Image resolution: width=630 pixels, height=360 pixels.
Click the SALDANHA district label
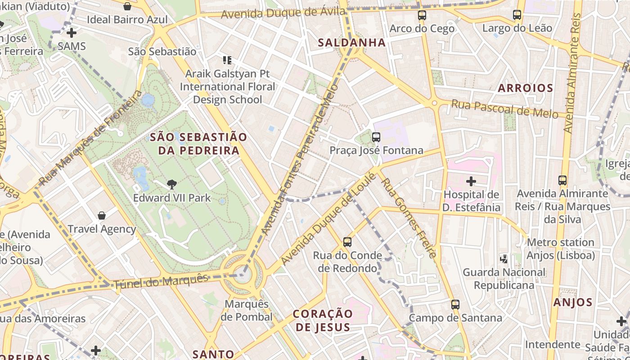coord(352,43)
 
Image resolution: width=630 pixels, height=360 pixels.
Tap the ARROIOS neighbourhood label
coord(525,88)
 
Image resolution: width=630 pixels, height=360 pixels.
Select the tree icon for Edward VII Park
coord(171,184)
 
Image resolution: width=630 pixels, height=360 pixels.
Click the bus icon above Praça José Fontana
coord(376,137)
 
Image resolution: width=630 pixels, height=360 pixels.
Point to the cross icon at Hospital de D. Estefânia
coord(471,181)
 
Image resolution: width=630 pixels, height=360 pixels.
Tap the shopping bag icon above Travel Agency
coord(102,216)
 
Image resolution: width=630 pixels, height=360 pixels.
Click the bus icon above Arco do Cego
coord(422,15)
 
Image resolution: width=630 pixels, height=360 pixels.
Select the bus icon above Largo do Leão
coord(517,15)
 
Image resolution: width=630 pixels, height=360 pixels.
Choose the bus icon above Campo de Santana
coord(455,305)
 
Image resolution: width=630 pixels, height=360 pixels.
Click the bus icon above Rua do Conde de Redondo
coord(347,242)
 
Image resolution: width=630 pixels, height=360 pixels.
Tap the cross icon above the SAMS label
coord(72,33)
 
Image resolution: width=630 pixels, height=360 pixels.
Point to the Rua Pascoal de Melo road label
coord(504,109)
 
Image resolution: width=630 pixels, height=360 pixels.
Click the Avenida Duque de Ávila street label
coord(283,13)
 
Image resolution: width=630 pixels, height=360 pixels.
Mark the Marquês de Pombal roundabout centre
coord(243,274)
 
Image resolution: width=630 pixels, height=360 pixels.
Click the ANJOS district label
coord(573,302)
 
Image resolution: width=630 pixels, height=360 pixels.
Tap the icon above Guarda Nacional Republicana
coord(504,259)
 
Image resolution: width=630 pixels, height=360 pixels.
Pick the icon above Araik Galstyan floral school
coord(227,60)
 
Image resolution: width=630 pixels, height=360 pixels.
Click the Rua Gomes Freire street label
coord(409,218)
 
